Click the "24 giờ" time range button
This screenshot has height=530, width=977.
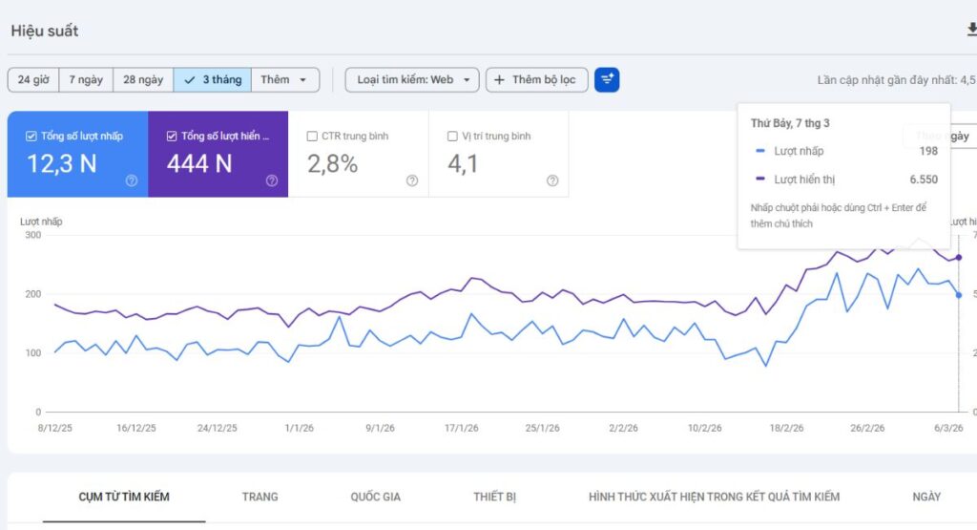33,80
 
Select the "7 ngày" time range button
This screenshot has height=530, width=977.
86,80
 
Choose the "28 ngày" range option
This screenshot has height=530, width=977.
143,80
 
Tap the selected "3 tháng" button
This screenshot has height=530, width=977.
213,80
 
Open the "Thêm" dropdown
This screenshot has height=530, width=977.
284,80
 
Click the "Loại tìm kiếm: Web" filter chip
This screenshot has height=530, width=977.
412,80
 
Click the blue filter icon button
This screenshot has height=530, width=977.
607,80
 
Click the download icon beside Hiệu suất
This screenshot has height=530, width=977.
971,31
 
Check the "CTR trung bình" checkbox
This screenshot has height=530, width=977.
312,137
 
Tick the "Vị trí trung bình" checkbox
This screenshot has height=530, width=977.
452,137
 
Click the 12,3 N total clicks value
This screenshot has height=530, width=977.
61,164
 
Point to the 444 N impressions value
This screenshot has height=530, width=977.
199,164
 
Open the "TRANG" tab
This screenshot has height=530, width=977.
260,497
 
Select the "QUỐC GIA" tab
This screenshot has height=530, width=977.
375,497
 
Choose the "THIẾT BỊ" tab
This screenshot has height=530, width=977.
494,497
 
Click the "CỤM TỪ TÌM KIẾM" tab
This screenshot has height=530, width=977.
124,497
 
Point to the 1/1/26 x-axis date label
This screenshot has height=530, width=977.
299,429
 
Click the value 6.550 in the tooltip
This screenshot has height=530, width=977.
924,180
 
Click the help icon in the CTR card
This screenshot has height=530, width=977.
412,180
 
